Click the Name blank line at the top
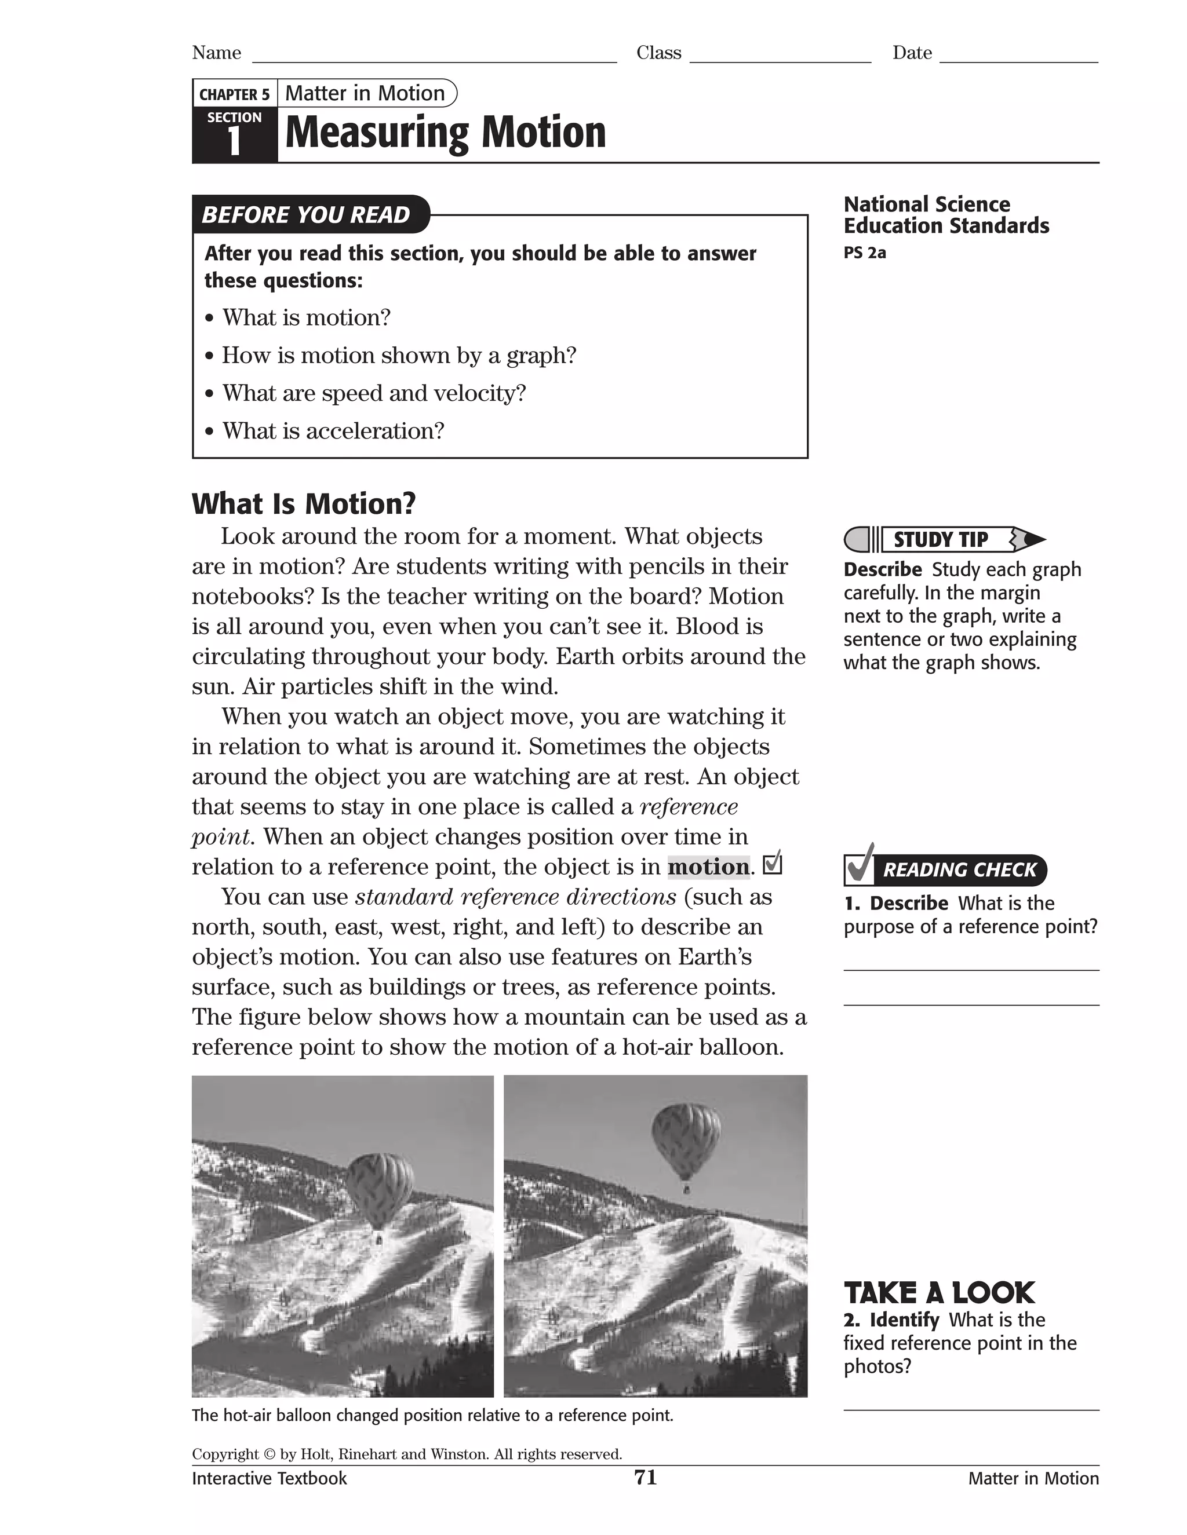[x=434, y=60]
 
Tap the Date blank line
[x=1018, y=60]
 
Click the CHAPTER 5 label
[x=234, y=94]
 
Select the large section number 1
[x=234, y=142]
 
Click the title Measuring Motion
[x=445, y=132]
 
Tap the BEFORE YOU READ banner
[x=307, y=214]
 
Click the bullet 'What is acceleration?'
[x=333, y=431]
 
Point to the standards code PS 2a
[x=864, y=253]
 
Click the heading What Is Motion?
[x=304, y=504]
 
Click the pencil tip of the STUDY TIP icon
[x=1035, y=540]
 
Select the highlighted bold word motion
[x=708, y=867]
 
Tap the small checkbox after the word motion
[x=772, y=864]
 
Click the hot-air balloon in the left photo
[x=380, y=1190]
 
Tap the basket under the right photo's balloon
[x=686, y=1189]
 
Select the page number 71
[x=645, y=1478]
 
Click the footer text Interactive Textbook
[x=270, y=1479]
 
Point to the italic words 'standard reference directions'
[x=515, y=897]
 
